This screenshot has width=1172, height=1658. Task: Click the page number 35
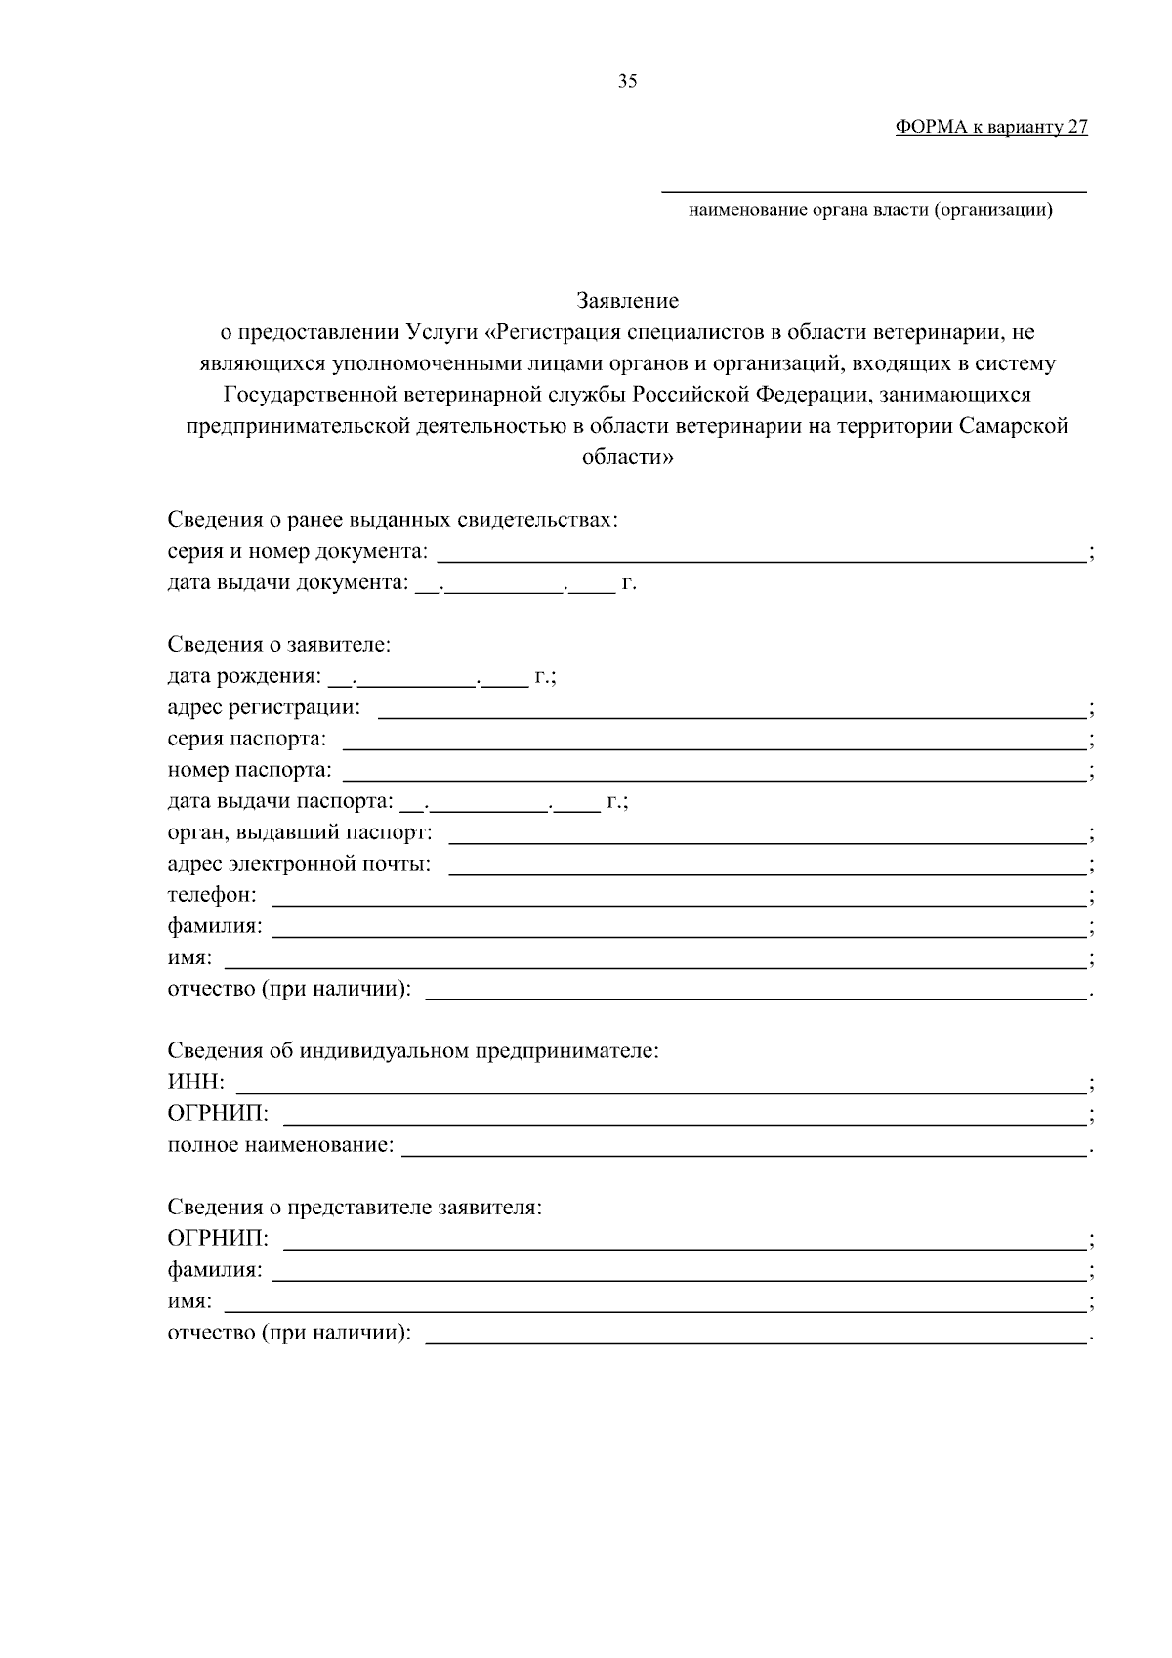click(627, 81)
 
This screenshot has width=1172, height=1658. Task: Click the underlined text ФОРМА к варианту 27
click(990, 128)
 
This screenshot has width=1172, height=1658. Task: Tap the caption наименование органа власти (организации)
click(870, 209)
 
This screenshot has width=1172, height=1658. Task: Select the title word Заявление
click(627, 300)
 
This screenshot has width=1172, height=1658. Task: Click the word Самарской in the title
click(1014, 426)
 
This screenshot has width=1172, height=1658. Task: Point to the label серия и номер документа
click(298, 551)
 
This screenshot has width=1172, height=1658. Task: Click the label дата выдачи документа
click(287, 583)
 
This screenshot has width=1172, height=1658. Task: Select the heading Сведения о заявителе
click(278, 645)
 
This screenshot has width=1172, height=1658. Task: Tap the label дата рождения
click(243, 676)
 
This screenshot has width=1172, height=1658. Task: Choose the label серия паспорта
click(247, 739)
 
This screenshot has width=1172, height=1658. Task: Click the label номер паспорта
click(250, 770)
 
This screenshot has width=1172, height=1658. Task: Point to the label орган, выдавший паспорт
click(300, 832)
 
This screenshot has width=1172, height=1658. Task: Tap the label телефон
click(213, 895)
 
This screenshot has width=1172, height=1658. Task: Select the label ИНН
click(196, 1082)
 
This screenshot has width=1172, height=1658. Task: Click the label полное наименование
click(281, 1144)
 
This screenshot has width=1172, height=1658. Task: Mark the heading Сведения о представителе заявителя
click(355, 1207)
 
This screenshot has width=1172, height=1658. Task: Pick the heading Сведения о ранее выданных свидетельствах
click(393, 520)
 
